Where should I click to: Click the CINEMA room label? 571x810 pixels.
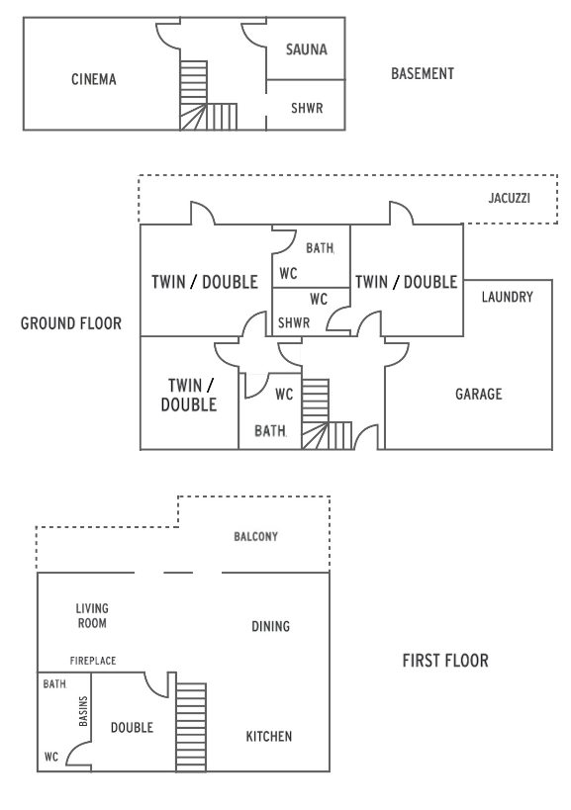[94, 79]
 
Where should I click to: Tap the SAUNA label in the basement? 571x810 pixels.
[307, 49]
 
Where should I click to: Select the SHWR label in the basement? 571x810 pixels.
[307, 108]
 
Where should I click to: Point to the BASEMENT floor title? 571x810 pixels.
[423, 74]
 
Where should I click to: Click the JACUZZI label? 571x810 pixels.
[510, 198]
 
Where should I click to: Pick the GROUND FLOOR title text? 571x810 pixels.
[71, 323]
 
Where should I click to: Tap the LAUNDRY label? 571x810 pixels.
[508, 297]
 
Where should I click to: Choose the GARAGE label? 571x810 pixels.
[479, 395]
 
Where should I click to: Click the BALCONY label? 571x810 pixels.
[255, 537]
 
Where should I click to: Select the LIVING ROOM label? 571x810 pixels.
[92, 616]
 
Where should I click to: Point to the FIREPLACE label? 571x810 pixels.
[93, 661]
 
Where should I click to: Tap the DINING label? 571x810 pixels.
[271, 627]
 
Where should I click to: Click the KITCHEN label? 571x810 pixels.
[269, 736]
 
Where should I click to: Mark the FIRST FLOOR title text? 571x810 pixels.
[445, 661]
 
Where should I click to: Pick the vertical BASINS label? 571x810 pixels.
[83, 711]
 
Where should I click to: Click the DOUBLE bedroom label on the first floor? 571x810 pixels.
[132, 728]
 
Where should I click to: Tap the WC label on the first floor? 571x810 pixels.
[51, 758]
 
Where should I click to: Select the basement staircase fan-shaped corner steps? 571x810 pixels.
[193, 117]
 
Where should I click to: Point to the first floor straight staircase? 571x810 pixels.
[191, 727]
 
